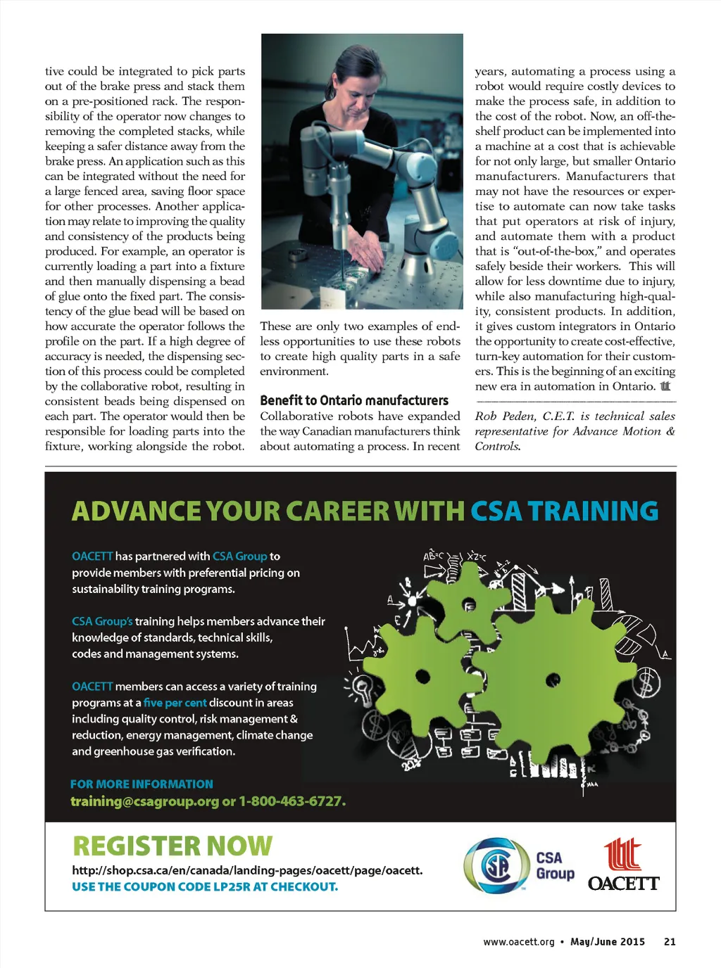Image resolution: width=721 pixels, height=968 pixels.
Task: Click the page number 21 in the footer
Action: click(x=670, y=941)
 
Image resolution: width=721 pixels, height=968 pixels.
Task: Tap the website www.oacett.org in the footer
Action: click(x=518, y=941)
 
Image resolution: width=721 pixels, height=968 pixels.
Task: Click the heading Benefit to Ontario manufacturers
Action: click(x=353, y=400)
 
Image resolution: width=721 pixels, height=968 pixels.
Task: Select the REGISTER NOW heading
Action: click(x=173, y=846)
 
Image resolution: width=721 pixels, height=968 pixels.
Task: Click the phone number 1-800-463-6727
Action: click(x=291, y=801)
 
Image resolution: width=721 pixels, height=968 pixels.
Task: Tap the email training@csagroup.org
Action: click(x=144, y=801)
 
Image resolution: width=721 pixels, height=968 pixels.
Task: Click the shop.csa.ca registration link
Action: click(x=247, y=870)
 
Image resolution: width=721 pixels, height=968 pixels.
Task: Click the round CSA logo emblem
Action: click(x=496, y=865)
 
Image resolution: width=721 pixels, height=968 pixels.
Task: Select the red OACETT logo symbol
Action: click(x=623, y=854)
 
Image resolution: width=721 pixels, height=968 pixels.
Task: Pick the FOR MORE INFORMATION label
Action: click(x=142, y=784)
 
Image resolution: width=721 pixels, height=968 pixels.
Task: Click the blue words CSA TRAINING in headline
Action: click(x=564, y=511)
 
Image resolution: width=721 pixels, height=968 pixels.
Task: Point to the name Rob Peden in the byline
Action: click(x=504, y=416)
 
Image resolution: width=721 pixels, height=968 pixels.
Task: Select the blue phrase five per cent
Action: click(x=175, y=703)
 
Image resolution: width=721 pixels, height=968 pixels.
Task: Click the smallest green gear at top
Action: click(x=469, y=604)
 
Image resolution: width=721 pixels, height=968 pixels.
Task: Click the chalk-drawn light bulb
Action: click(x=362, y=687)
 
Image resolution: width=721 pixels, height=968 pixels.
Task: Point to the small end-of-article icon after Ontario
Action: click(x=665, y=386)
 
